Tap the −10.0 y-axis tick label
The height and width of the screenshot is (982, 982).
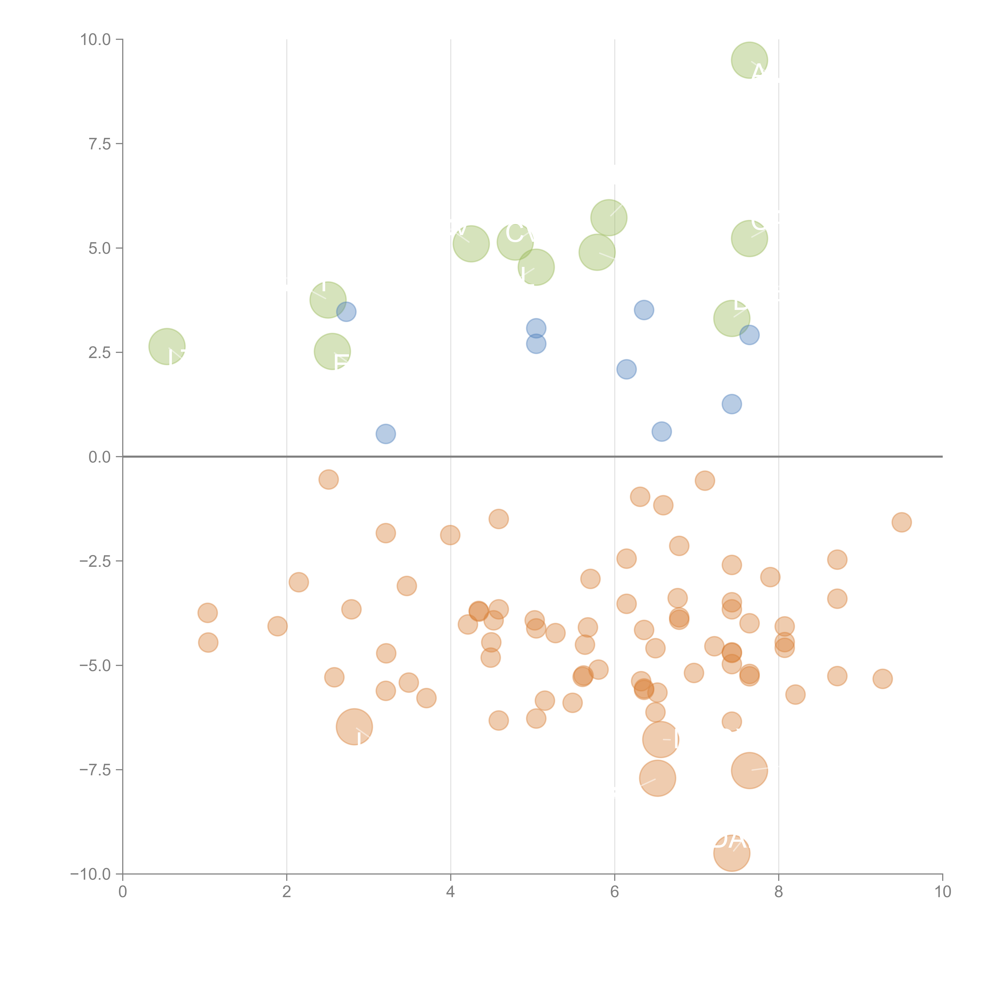coord(91,874)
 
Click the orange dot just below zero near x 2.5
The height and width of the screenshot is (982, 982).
coord(329,479)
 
